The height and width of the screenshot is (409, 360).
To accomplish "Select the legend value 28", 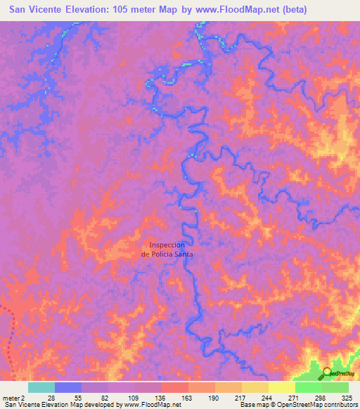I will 49,398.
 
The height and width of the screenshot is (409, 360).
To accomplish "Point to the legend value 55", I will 77,398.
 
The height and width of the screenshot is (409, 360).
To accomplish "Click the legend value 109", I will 131,398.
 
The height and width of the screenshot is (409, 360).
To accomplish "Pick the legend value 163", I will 186,398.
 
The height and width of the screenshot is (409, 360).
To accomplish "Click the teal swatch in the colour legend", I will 41,387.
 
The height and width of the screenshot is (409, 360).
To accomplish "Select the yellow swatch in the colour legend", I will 281,387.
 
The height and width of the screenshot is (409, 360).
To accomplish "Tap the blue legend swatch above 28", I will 68,387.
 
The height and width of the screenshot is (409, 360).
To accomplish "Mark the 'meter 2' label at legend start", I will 13,398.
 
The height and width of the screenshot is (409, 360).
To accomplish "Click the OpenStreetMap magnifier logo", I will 327,374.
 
